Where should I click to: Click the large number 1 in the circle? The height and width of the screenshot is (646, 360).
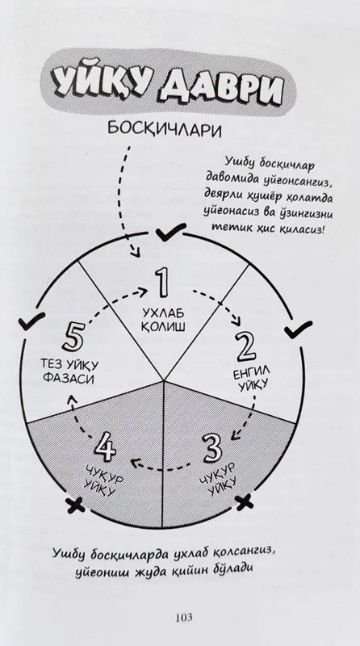pos(161,283)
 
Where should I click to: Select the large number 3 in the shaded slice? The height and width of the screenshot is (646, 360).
pos(212,447)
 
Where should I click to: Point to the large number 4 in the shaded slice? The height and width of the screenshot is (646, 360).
pos(105,447)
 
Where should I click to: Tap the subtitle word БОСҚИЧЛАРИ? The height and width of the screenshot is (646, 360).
pos(165,130)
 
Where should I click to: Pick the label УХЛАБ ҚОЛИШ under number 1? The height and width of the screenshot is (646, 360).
pos(163,320)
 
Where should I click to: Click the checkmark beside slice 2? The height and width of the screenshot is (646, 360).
pos(298,329)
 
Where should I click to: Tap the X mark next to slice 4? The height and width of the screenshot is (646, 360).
pos(75,505)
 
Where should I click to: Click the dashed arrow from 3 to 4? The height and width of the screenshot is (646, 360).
pos(161,467)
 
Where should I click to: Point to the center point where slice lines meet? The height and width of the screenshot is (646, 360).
pos(164,380)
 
